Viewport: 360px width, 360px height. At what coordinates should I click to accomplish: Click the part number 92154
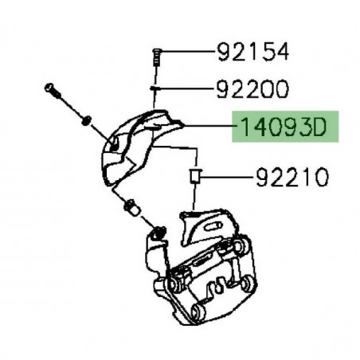pos(254,53)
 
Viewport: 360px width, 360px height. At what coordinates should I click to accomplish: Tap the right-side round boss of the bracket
pos(248,284)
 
